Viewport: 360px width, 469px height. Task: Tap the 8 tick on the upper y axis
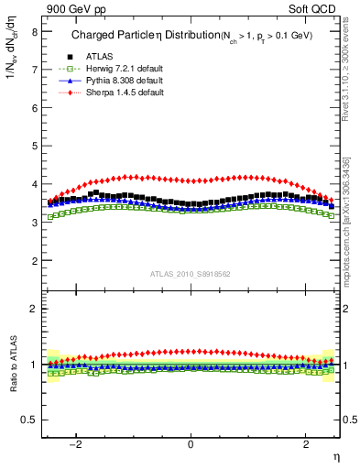click(34, 31)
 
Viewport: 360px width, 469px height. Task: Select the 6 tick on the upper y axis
click(34, 107)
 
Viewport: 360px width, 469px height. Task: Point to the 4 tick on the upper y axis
click(34, 184)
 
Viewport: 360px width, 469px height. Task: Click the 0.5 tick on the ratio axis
click(29, 420)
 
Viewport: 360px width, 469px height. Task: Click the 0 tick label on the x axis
click(191, 443)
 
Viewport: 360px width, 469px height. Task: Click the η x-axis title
click(335, 455)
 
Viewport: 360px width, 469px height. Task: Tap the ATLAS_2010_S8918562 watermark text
click(191, 273)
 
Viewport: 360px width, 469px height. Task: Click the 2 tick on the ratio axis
click(34, 308)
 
